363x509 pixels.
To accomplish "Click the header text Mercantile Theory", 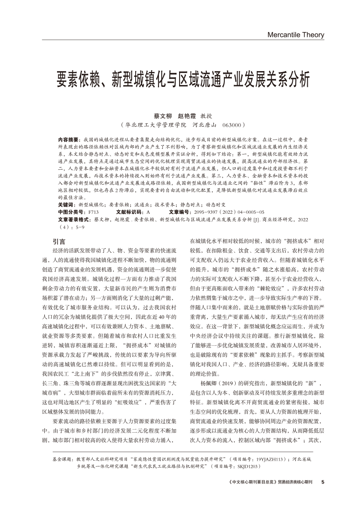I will coord(295,35).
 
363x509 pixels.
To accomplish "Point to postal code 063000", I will coord(233,125).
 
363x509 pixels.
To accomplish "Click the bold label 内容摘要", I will coord(68,138).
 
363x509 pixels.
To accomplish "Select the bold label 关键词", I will coord(67,205).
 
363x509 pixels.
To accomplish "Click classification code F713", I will coord(93,211).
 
